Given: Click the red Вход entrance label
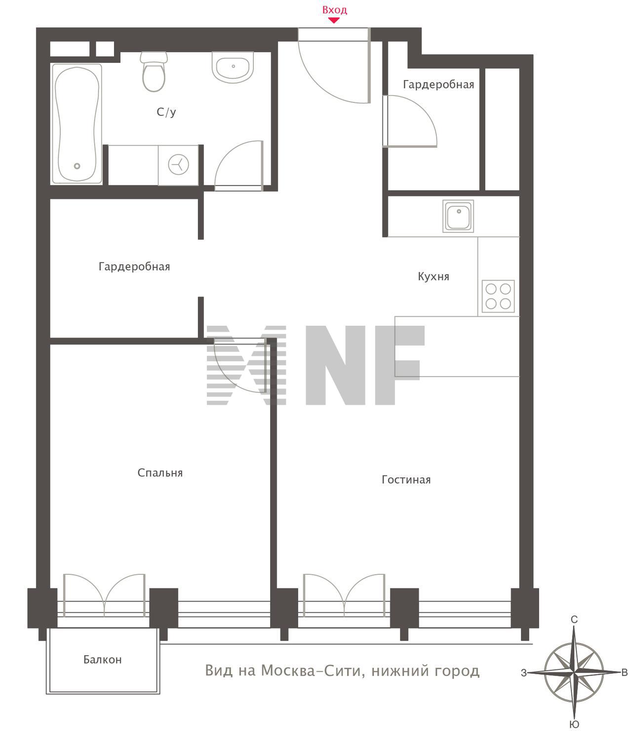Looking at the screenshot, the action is [334, 10].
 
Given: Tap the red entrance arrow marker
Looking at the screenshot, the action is [334, 20].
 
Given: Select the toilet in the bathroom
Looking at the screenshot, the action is [154, 72].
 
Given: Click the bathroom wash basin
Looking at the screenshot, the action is [233, 67].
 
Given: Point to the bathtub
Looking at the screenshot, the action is [77, 124].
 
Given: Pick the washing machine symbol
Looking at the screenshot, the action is [178, 165].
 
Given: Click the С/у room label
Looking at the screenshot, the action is [166, 112].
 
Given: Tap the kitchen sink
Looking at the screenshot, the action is [458, 216].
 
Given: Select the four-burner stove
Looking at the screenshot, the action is [498, 296].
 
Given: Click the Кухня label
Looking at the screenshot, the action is [434, 276].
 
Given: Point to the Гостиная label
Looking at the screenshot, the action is [406, 479].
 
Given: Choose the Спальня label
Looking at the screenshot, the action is [160, 473].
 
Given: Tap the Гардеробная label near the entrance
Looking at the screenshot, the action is [438, 85].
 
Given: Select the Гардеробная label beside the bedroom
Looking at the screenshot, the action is [134, 266].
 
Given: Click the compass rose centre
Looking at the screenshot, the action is [574, 672].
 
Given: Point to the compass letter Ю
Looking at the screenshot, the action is [574, 725].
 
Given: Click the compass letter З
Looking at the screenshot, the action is [524, 673].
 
